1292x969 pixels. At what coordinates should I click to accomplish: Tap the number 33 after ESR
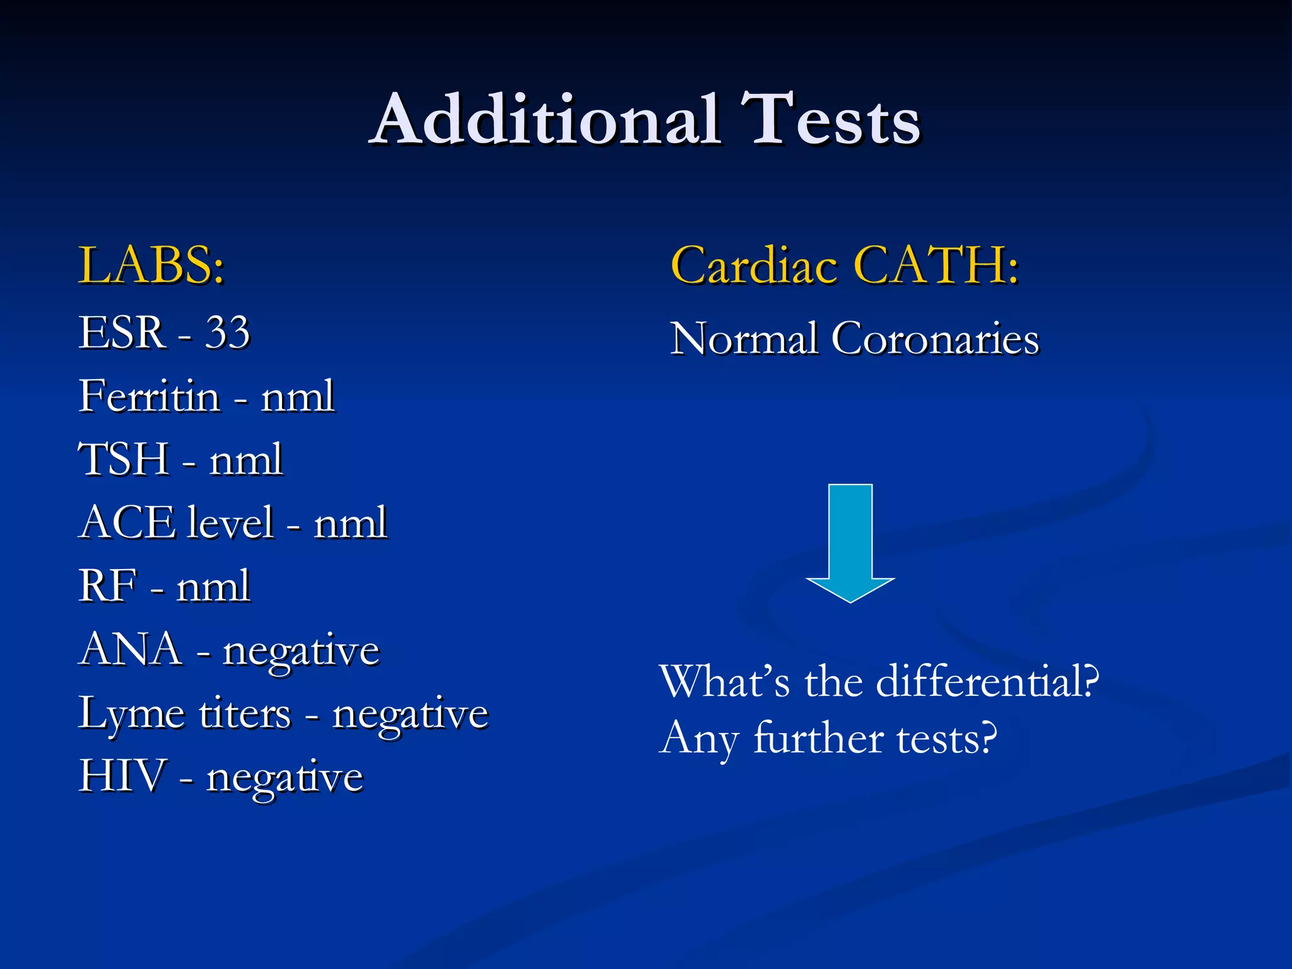click(227, 332)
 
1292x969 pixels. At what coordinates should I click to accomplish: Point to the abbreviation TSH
click(124, 459)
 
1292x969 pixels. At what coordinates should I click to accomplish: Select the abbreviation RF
click(107, 585)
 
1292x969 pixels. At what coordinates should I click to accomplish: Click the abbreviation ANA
click(131, 649)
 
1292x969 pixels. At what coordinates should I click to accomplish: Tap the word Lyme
click(131, 714)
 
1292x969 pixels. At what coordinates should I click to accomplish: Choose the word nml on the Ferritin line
click(297, 397)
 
